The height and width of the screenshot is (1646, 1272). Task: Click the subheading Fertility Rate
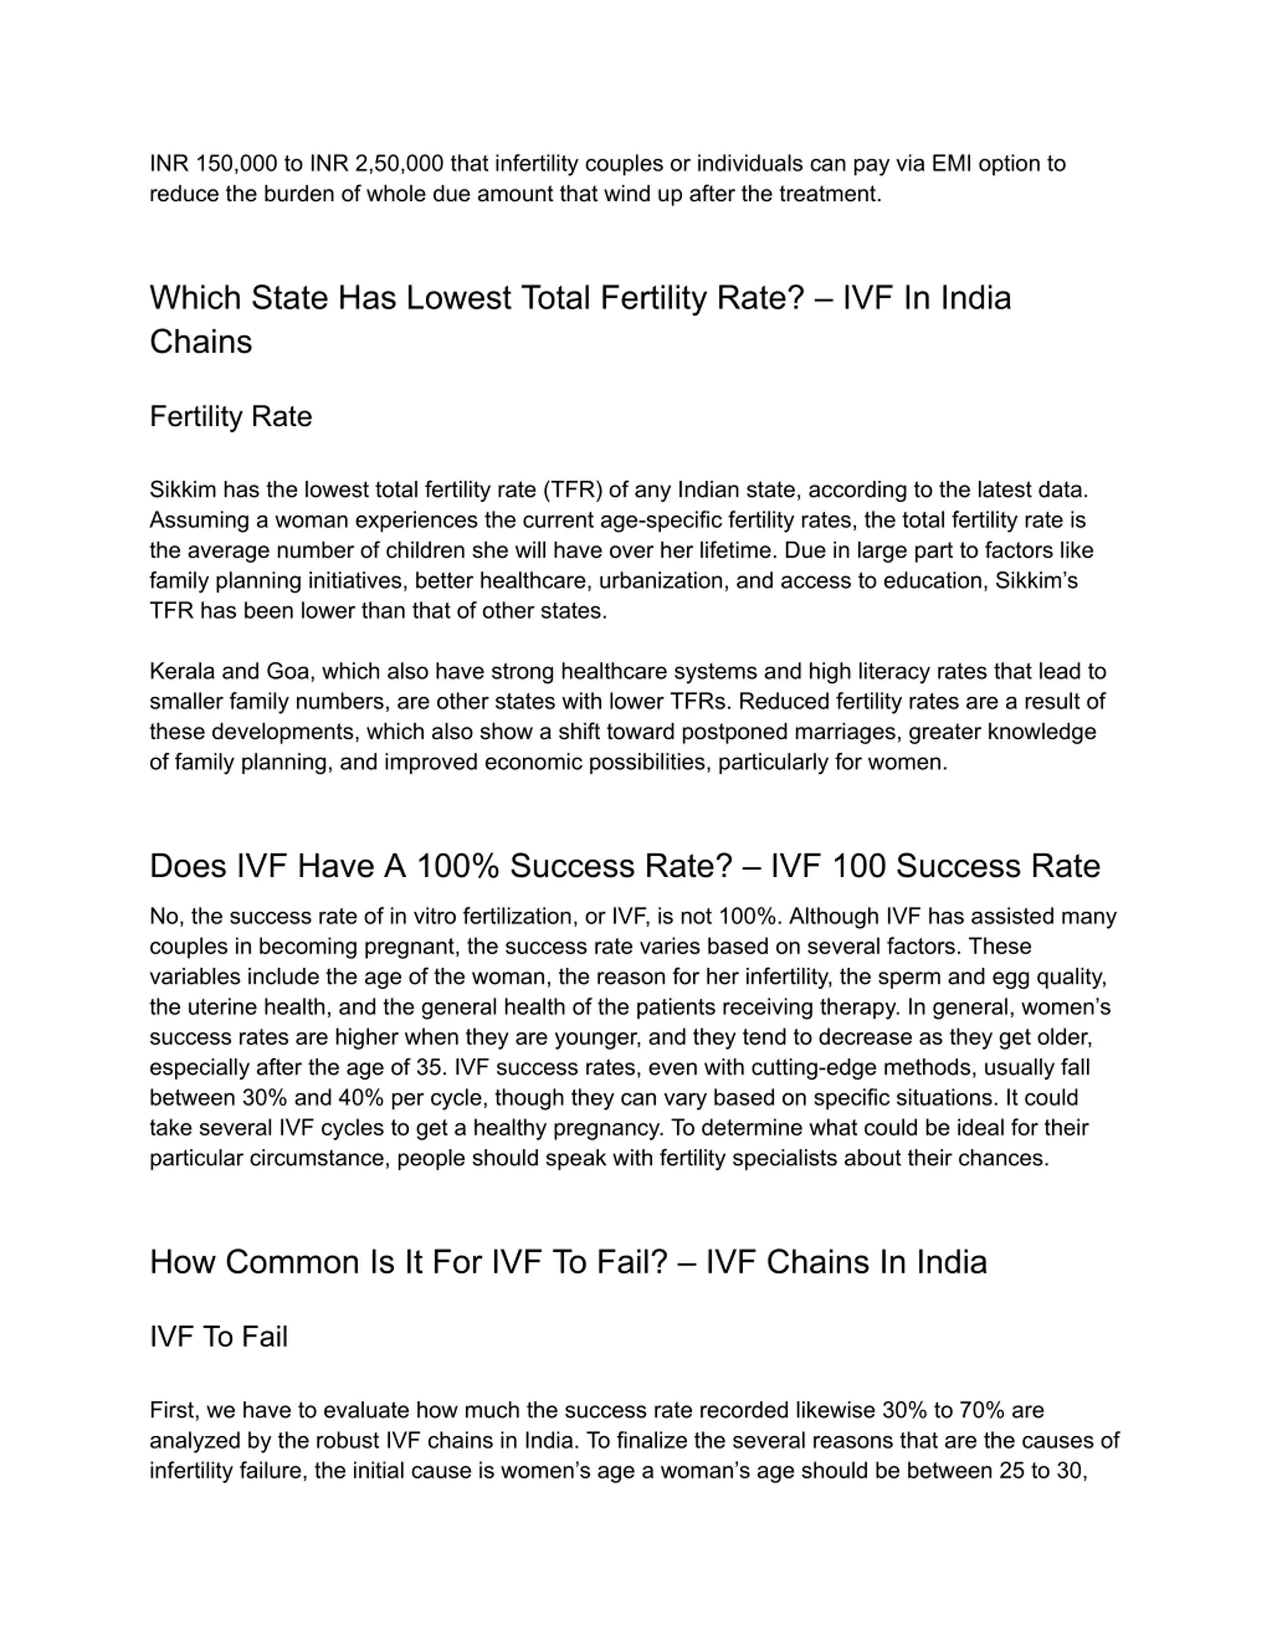[231, 417]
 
